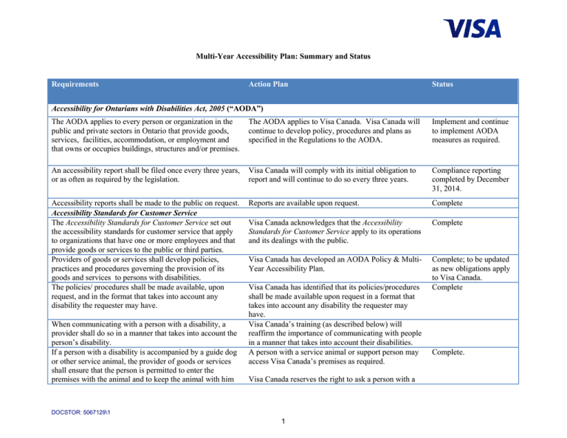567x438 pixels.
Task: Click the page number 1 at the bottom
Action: click(x=283, y=422)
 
